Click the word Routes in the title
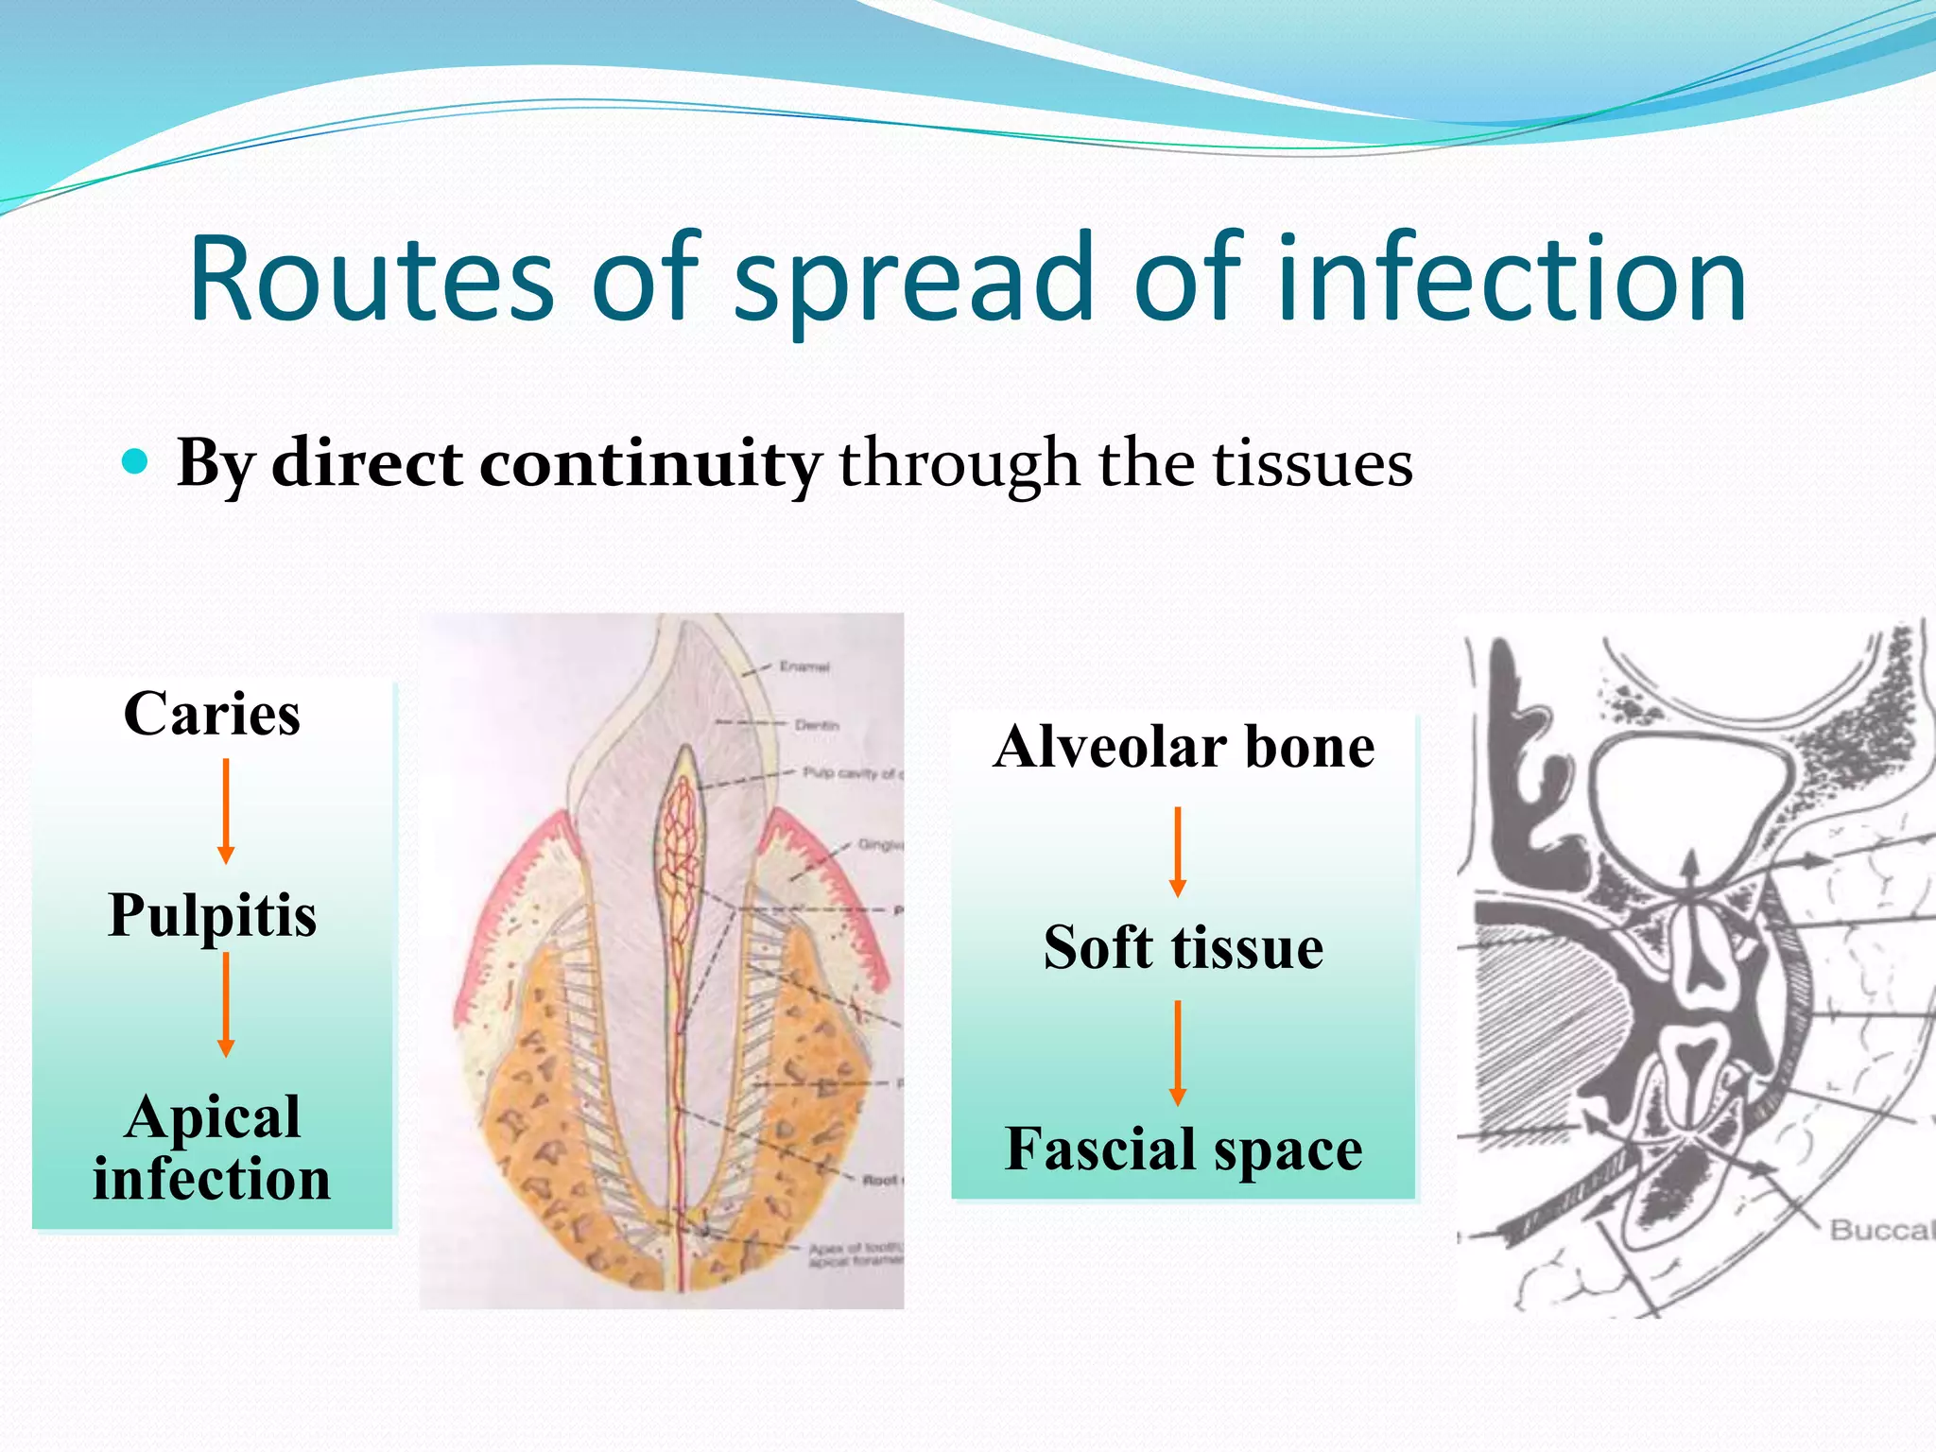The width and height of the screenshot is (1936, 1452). pos(371,281)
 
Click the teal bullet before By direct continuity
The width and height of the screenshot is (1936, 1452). pos(136,462)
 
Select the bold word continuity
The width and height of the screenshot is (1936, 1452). pos(649,464)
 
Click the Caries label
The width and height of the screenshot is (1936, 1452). pos(212,714)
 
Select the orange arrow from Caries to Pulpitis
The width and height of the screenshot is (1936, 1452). pos(226,811)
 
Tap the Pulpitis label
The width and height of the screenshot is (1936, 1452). pos(212,915)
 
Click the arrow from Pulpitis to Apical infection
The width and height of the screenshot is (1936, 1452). pos(226,1004)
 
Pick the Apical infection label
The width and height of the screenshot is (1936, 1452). pos(212,1148)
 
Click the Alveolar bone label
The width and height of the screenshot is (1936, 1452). pos(1184,747)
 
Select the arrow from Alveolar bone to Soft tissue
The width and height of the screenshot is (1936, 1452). pos(1178,851)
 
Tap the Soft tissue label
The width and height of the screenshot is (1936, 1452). pos(1184,947)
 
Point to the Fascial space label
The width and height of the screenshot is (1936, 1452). pos(1184,1149)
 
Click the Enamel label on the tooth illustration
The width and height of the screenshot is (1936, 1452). pos(804,666)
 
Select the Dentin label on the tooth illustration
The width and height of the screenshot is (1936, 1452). pos(817,725)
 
